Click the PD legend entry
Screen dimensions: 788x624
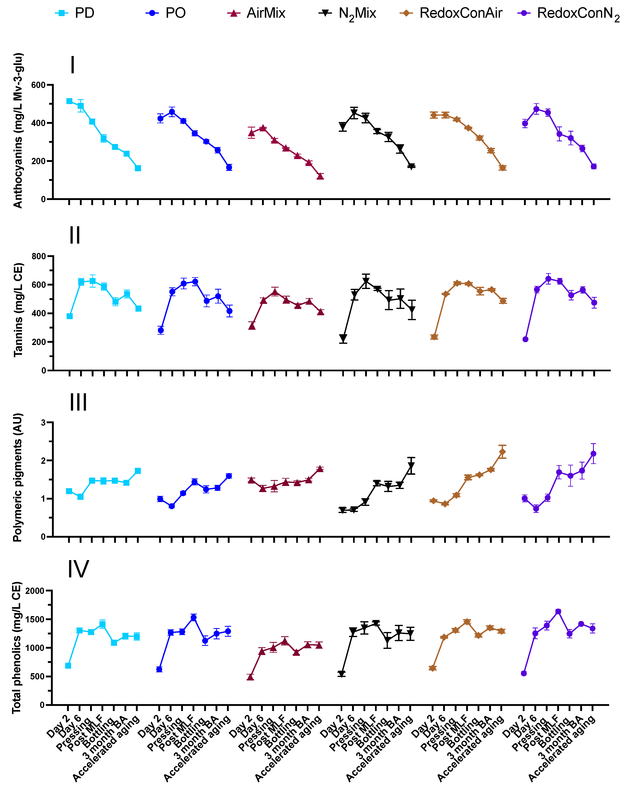click(75, 13)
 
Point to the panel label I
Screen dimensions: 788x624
click(73, 65)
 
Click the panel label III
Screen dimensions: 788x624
click(78, 402)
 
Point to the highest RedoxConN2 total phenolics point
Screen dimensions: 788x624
click(558, 611)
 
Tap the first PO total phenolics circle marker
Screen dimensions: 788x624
click(159, 669)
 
